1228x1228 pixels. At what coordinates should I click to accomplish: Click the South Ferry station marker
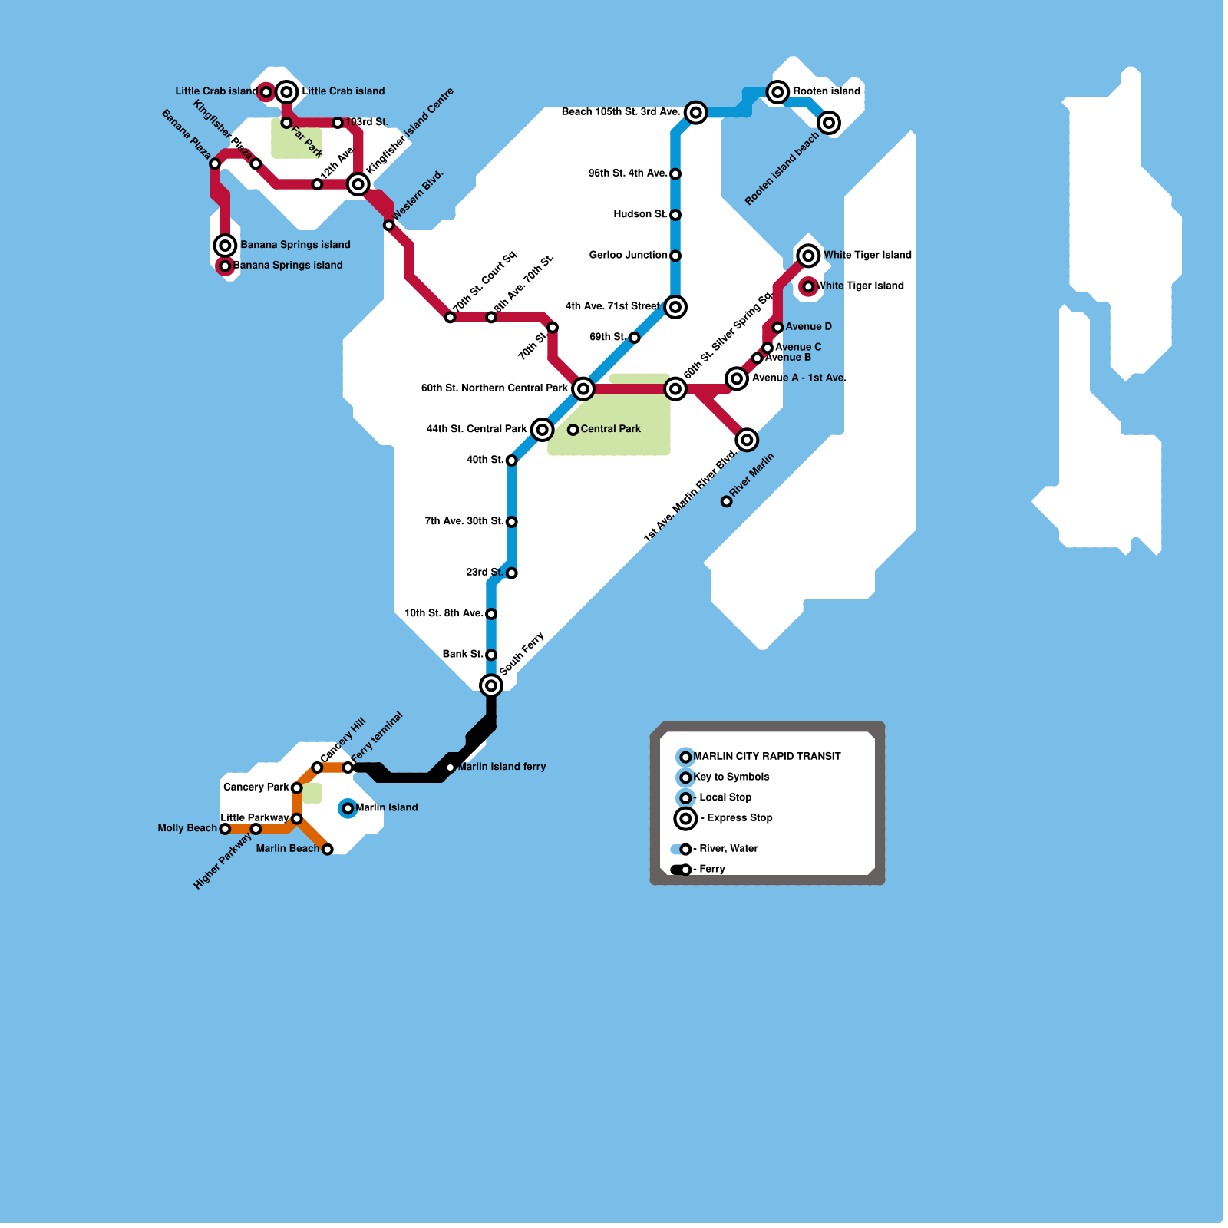point(491,685)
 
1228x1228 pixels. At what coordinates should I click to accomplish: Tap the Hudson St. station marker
point(675,215)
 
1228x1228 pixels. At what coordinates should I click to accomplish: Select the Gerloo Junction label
point(628,255)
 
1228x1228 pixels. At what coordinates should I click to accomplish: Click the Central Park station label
point(610,429)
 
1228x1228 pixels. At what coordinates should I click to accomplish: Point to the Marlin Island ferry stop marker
point(451,767)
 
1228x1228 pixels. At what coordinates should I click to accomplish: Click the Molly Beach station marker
point(225,829)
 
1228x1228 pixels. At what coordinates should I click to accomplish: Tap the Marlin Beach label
point(287,848)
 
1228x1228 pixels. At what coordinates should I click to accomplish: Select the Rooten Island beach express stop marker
point(829,123)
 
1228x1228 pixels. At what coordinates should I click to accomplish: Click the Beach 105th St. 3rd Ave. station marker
point(696,113)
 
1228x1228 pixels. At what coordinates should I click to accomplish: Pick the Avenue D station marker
point(777,328)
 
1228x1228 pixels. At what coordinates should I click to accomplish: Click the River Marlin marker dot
point(727,501)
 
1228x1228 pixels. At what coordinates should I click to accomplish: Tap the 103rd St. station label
point(366,122)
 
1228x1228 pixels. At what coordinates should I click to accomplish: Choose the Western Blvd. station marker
point(389,225)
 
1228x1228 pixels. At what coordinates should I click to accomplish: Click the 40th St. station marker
point(512,460)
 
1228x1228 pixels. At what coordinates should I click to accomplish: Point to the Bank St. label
point(463,654)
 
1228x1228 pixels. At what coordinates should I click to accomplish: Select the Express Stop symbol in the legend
point(685,819)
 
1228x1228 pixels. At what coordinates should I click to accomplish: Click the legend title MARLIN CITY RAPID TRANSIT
point(767,756)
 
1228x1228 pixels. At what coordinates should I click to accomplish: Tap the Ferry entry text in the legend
point(711,869)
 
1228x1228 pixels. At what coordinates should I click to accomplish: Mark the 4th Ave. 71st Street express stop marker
point(675,307)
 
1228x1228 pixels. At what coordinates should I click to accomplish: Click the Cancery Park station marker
point(297,788)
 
